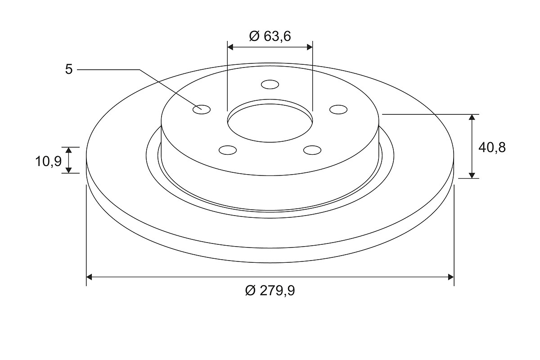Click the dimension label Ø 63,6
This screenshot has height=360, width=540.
coord(270,36)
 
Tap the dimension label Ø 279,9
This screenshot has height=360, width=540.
coord(270,290)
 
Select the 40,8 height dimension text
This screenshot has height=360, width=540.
coord(492,147)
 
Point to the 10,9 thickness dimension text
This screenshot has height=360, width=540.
coord(49,161)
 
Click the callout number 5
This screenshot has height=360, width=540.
coord(69,69)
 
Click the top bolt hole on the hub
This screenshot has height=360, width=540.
coord(270,85)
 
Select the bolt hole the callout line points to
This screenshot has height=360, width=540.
coord(202,109)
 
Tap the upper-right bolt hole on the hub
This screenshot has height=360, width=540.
coord(338,109)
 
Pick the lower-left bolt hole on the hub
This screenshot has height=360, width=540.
coord(228,150)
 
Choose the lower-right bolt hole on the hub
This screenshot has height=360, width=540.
coord(312,150)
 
